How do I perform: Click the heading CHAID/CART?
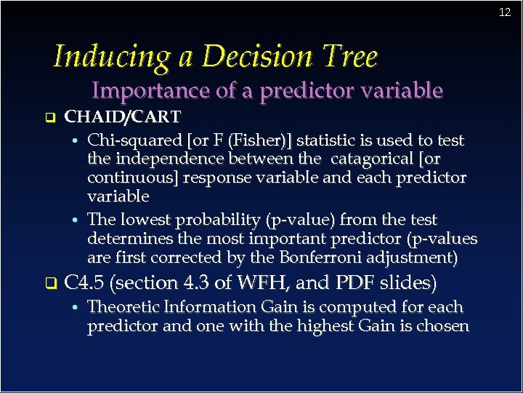click(123, 116)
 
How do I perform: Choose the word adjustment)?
click(413, 258)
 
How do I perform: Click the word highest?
click(320, 326)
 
